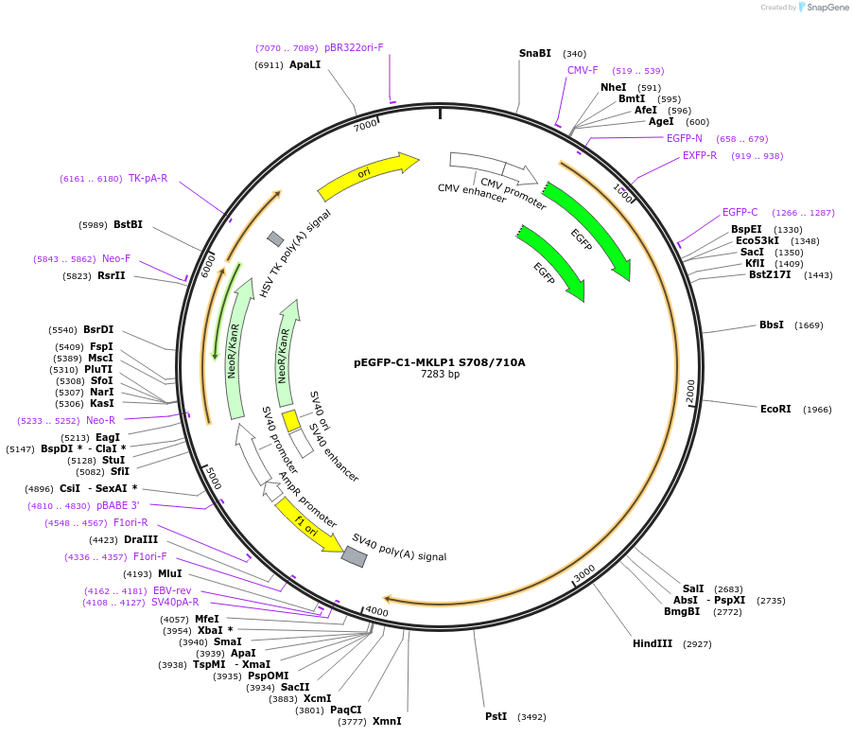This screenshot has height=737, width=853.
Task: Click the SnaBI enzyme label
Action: [x=535, y=54]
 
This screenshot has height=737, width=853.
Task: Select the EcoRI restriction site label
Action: [x=775, y=410]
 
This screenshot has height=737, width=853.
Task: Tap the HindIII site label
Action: [x=653, y=644]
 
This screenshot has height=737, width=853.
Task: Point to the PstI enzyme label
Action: [x=496, y=717]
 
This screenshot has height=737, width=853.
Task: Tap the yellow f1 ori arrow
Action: [x=308, y=526]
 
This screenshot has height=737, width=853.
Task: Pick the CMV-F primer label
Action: [x=583, y=71]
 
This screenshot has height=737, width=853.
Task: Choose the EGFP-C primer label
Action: [x=740, y=213]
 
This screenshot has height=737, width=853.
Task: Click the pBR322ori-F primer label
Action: [x=354, y=47]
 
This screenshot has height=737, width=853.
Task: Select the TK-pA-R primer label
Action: [x=148, y=178]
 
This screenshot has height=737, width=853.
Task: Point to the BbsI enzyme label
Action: [x=772, y=325]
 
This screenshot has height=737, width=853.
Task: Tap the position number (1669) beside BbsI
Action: [x=809, y=325]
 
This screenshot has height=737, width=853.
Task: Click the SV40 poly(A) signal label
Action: [x=399, y=547]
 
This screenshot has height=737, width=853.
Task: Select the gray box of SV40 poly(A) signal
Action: [x=354, y=557]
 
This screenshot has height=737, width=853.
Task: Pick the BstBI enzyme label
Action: [x=128, y=225]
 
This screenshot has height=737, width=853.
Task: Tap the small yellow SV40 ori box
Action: [x=291, y=420]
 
